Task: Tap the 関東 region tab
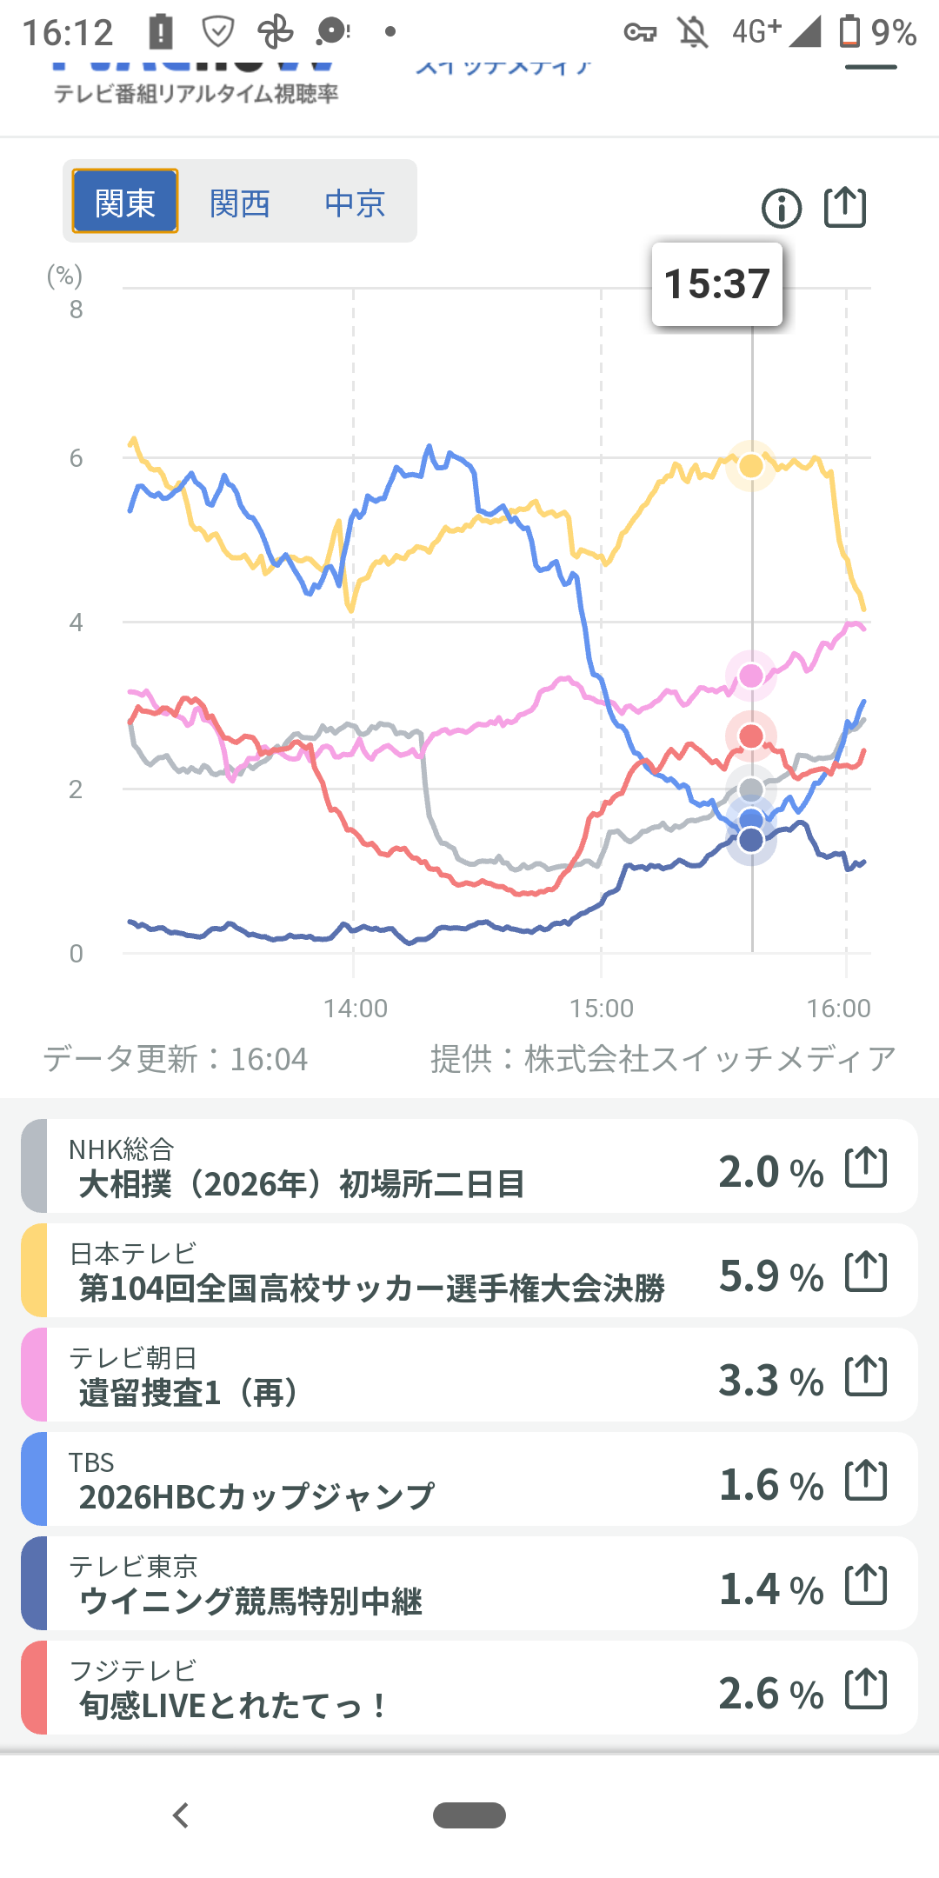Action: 125,202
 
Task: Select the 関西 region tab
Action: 240,203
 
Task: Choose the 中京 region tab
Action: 355,203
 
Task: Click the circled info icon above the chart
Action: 782,209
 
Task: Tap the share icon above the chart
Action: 845,208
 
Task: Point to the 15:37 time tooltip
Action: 717,284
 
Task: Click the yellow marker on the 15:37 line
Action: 751,466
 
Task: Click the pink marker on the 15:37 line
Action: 751,676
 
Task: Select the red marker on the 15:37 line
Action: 751,736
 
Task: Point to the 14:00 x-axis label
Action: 356,1009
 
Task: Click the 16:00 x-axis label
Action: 838,1009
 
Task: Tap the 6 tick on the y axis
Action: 77,458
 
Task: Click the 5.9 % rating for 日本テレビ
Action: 771,1276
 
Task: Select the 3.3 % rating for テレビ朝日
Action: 771,1381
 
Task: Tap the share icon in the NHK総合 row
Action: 866,1167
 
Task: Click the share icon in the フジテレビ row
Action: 866,1688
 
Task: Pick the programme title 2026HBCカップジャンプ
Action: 256,1496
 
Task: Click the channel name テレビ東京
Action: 134,1566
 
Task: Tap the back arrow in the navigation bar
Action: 181,1815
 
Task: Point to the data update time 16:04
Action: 268,1059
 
